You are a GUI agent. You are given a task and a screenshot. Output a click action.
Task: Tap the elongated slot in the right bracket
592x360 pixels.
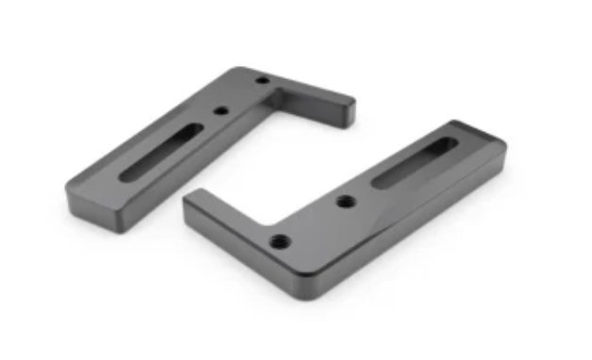414,163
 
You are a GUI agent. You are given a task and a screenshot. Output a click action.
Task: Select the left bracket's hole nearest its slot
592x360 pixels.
220,110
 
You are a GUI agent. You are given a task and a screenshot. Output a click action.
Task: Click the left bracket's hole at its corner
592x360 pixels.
261,81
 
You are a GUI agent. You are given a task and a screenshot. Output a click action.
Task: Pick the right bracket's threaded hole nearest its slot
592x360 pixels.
345,201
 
